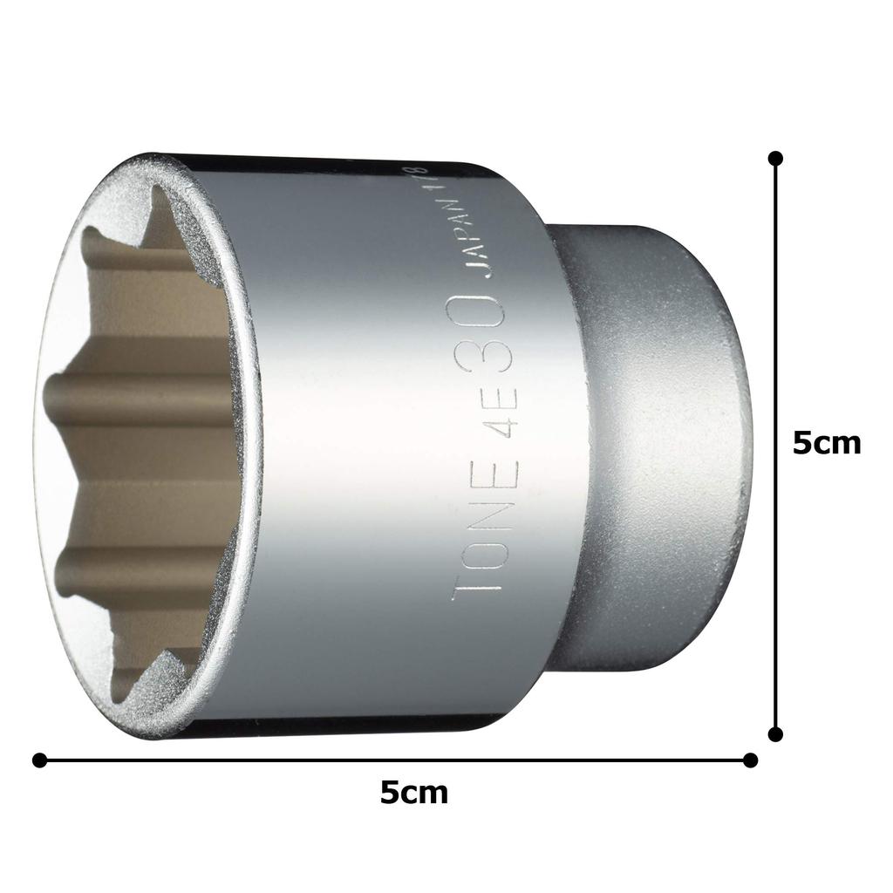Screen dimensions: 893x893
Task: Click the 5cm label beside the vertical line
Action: click(x=826, y=444)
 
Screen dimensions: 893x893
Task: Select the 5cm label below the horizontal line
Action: click(x=414, y=793)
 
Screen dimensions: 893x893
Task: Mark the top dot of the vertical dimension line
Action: click(x=775, y=158)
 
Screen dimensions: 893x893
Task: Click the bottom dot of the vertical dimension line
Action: click(x=775, y=734)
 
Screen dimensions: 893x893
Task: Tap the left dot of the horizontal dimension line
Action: click(x=39, y=760)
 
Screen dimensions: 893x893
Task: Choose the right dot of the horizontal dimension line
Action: click(x=750, y=760)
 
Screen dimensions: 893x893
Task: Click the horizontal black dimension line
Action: click(x=262, y=760)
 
